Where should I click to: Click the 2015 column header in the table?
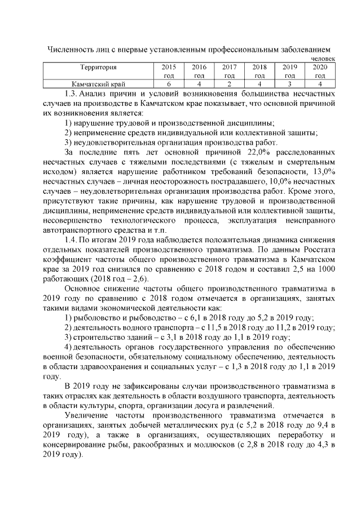[169, 71]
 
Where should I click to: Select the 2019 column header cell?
[290, 71]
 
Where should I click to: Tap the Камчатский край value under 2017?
[229, 85]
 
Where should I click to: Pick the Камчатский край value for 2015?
[169, 85]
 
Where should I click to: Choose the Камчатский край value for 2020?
[320, 85]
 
